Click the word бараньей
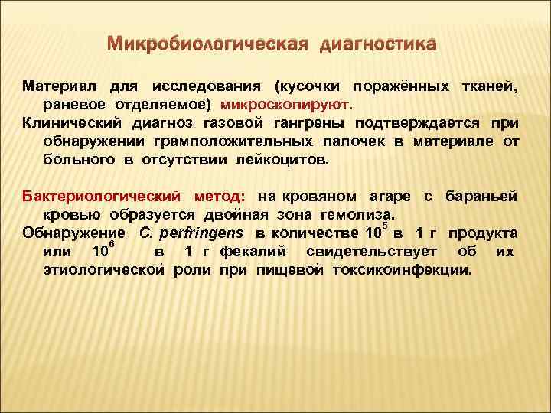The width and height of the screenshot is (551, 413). pyautogui.click(x=484, y=197)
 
